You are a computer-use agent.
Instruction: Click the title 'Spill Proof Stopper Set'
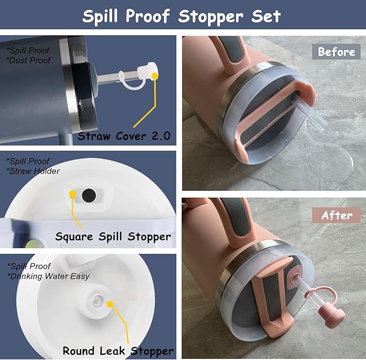[x=181, y=16]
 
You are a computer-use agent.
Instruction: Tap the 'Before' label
[x=336, y=52]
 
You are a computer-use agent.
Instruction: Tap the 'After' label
[x=336, y=216]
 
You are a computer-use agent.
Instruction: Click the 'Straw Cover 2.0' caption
[x=124, y=136]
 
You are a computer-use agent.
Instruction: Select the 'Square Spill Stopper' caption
[x=113, y=237]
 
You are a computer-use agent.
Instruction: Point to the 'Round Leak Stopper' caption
[x=118, y=351]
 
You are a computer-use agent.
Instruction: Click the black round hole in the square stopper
[x=89, y=196]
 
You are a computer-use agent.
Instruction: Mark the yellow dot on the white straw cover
[x=155, y=75]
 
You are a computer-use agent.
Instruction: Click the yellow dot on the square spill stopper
[x=73, y=193]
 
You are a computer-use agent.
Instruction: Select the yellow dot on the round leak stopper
[x=110, y=304]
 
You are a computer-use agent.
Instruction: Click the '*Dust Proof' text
[x=29, y=60]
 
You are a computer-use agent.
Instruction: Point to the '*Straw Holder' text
[x=33, y=171]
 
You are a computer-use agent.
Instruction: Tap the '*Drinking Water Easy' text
[x=49, y=276]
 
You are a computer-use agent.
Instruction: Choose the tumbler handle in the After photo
[x=233, y=219]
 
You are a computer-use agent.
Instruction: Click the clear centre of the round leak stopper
[x=96, y=301]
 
